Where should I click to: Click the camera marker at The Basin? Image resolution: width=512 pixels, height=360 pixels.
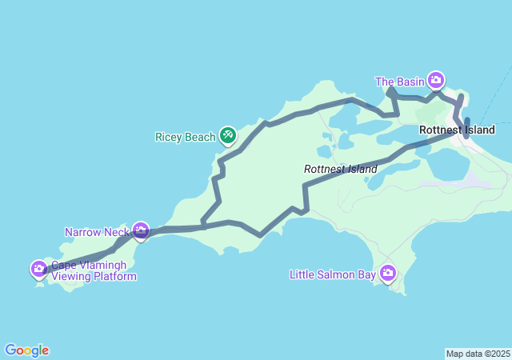point(436,79)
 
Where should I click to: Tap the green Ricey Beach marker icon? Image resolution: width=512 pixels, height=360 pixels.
point(228,134)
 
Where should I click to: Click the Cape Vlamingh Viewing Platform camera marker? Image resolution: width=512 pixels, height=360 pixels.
point(38,268)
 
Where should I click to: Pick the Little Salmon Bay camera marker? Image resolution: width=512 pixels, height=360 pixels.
point(388,274)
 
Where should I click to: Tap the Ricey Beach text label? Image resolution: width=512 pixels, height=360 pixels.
point(185,137)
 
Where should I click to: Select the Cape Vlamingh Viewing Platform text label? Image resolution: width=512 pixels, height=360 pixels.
point(94,271)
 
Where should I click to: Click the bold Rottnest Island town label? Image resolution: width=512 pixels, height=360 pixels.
point(456,130)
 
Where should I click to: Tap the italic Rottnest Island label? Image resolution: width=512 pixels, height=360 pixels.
point(340,170)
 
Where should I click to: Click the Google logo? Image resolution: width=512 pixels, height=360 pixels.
point(26,350)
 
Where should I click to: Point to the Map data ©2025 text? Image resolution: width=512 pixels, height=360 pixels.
point(478,354)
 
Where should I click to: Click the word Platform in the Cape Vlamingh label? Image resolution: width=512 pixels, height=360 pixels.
point(113,277)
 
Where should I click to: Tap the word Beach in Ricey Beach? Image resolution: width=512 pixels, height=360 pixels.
point(200,137)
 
